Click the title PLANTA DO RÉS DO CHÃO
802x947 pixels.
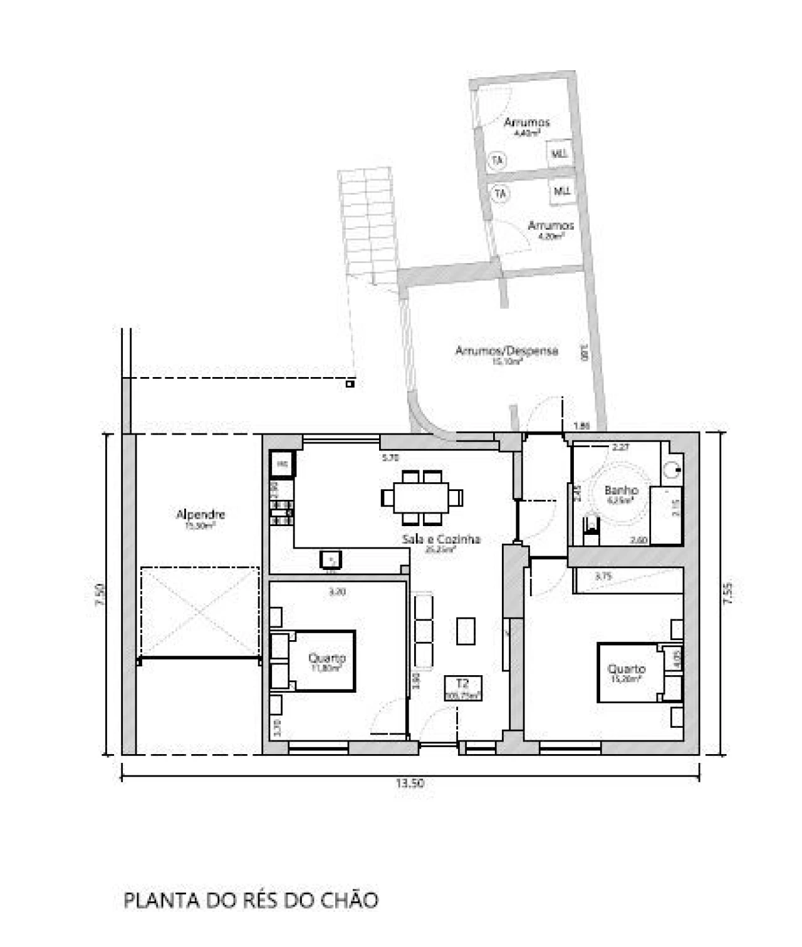pyautogui.click(x=251, y=900)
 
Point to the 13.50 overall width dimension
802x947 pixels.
pyautogui.click(x=410, y=784)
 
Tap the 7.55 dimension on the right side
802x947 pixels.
pyautogui.click(x=727, y=593)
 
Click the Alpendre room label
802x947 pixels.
pyautogui.click(x=200, y=515)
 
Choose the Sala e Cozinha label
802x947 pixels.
pyautogui.click(x=441, y=539)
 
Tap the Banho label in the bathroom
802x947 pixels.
pyautogui.click(x=621, y=491)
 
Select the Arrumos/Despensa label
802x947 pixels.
pyautogui.click(x=506, y=351)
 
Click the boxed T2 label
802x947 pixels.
pyautogui.click(x=462, y=684)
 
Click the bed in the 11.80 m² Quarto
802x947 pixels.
pyautogui.click(x=320, y=661)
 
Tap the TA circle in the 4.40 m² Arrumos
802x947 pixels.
pyautogui.click(x=497, y=161)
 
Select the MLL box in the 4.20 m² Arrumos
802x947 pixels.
pyautogui.click(x=562, y=191)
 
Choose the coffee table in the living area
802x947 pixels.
pyautogui.click(x=466, y=631)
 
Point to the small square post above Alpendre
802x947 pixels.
pyautogui.click(x=350, y=383)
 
